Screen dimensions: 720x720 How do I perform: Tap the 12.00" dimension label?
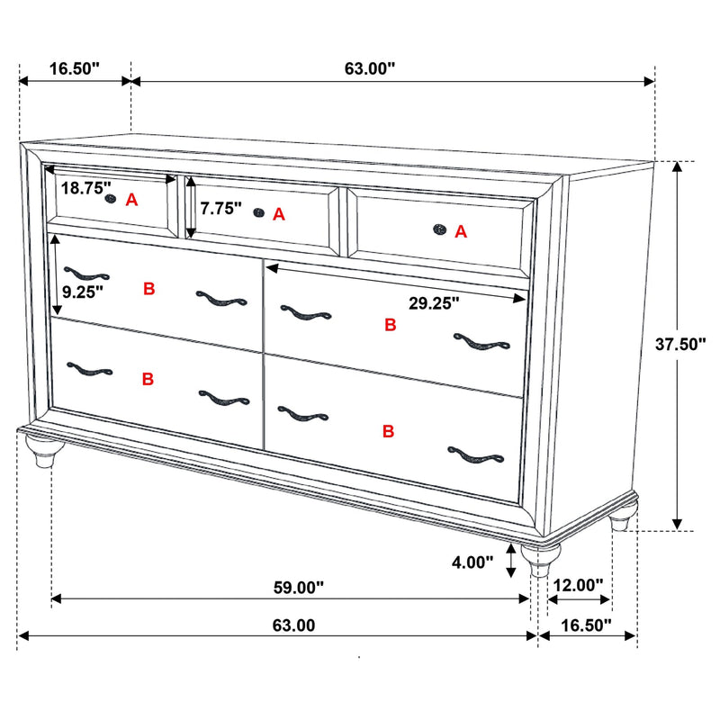578,585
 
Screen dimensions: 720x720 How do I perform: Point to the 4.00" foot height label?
472,562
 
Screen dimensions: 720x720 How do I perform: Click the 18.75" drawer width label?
86,189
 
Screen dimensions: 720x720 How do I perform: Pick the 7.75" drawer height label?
221,209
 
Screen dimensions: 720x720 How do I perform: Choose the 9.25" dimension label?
83,291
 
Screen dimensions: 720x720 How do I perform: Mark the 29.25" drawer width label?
434,303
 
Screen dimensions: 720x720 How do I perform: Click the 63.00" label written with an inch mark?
370,68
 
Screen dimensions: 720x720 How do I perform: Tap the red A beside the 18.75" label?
131,200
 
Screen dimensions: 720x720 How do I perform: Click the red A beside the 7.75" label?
278,214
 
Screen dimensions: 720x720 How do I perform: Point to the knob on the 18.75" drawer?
111,198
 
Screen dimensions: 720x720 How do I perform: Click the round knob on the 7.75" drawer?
258,213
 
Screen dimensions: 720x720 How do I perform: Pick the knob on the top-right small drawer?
440,230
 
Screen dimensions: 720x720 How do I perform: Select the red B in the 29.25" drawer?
390,325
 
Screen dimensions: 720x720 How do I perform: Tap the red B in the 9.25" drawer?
148,289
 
